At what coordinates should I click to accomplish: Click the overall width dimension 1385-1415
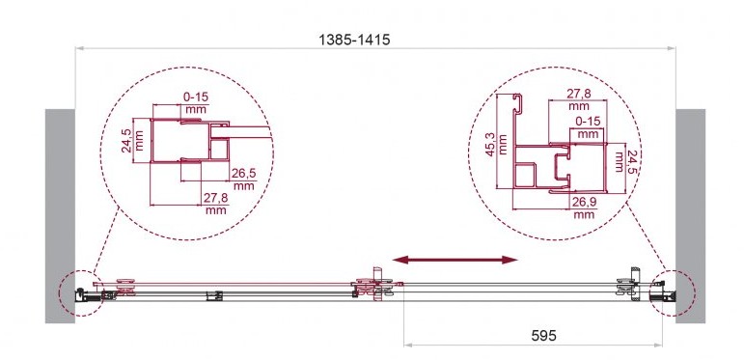coord(354,40)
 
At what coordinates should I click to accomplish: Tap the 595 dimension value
coord(543,336)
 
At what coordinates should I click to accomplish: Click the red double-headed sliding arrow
coord(455,260)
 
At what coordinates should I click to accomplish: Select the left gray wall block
coord(60,216)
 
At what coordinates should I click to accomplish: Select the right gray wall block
coord(690,216)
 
